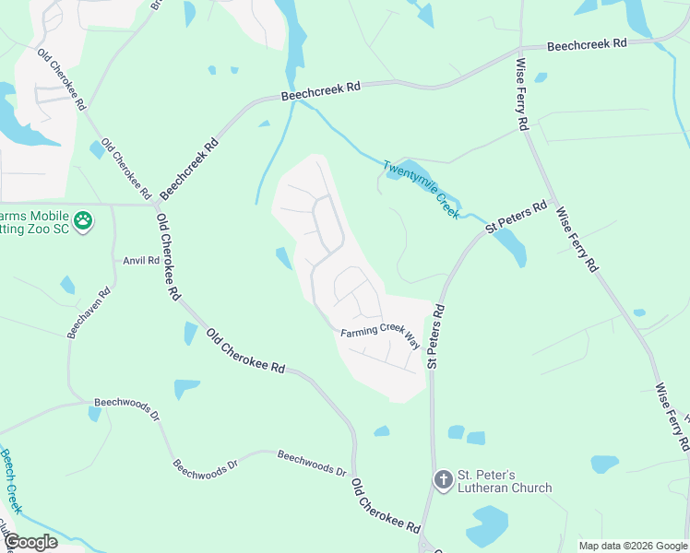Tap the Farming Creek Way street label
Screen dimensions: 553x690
(x=380, y=338)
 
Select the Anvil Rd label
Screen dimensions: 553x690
(x=141, y=261)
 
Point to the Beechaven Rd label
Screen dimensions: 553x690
(x=89, y=312)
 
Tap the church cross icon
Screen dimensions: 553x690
(x=443, y=480)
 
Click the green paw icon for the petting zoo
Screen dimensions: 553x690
(x=84, y=220)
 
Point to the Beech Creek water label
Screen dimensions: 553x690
(x=12, y=480)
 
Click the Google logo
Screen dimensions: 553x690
(x=30, y=542)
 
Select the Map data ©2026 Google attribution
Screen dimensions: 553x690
(x=633, y=546)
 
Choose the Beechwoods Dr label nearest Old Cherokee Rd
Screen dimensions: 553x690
(x=312, y=463)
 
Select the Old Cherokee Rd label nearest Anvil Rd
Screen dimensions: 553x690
(x=167, y=257)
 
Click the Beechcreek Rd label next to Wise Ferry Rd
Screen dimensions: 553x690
(x=587, y=43)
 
